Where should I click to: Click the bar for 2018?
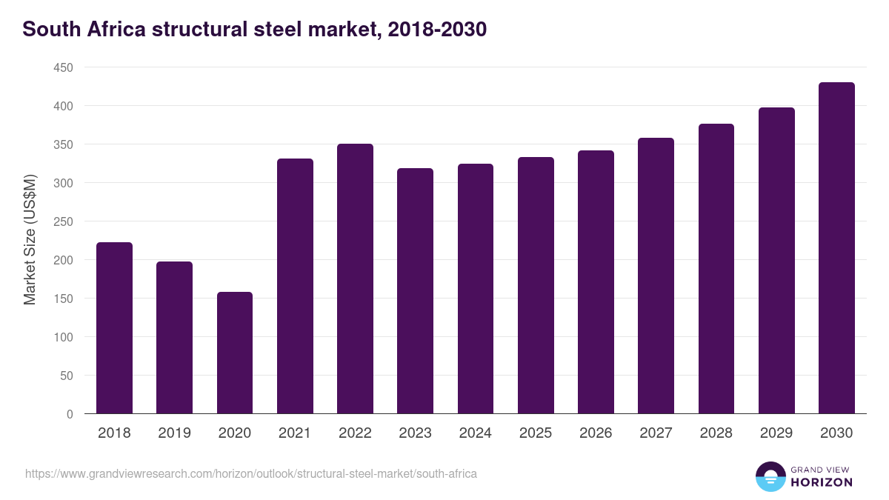pyautogui.click(x=114, y=328)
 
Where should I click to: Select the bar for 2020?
pyautogui.click(x=235, y=353)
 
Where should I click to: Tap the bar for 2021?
pyautogui.click(x=295, y=286)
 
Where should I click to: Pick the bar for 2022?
pyautogui.click(x=355, y=279)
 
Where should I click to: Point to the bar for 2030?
pyautogui.click(x=836, y=248)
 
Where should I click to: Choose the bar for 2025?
pyautogui.click(x=536, y=285)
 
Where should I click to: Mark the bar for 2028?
pyautogui.click(x=716, y=269)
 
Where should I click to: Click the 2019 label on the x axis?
pyautogui.click(x=174, y=433)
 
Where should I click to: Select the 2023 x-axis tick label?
pyautogui.click(x=415, y=433)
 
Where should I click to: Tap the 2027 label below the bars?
pyautogui.click(x=656, y=433)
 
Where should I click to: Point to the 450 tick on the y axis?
pyautogui.click(x=63, y=68)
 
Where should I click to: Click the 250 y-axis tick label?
pyautogui.click(x=63, y=222)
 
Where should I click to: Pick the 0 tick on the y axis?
pyautogui.click(x=70, y=414)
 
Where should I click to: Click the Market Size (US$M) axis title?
pyautogui.click(x=30, y=241)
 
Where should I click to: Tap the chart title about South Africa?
pyautogui.click(x=254, y=30)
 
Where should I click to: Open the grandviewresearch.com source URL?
pyautogui.click(x=251, y=473)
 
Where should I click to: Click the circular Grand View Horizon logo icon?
pyautogui.click(x=770, y=476)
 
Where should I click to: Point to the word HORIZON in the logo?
pyautogui.click(x=822, y=482)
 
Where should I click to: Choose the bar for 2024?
pyautogui.click(x=476, y=289)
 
